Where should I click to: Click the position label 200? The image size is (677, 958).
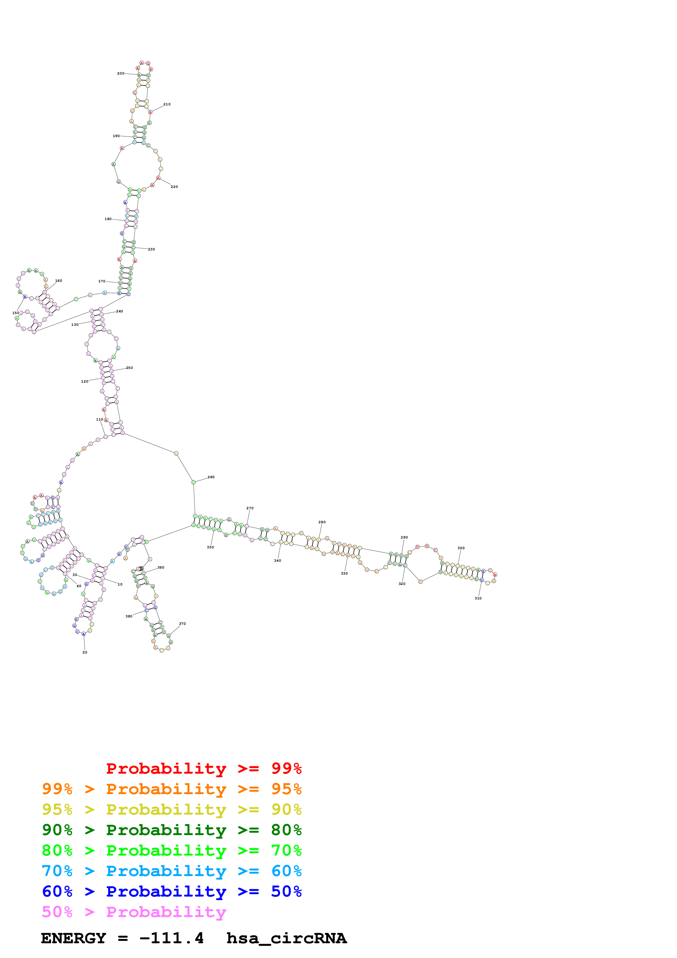click(120, 73)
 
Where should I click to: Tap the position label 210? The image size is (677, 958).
click(167, 104)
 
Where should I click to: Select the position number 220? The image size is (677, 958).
click(174, 187)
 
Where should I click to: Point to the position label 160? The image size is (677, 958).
click(59, 281)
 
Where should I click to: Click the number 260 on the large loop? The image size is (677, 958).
click(211, 477)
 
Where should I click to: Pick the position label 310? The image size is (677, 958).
click(478, 598)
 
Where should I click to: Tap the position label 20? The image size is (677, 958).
click(85, 652)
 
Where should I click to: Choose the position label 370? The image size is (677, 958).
click(182, 624)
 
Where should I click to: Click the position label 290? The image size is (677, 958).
click(404, 537)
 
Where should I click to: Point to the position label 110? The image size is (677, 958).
click(99, 419)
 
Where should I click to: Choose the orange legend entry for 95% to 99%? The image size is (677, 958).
click(172, 789)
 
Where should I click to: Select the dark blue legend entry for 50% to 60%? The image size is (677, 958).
click(172, 891)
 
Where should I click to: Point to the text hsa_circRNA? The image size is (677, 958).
click(286, 938)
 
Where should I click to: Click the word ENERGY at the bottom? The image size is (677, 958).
click(73, 938)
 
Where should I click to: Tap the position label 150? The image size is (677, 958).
click(16, 313)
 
